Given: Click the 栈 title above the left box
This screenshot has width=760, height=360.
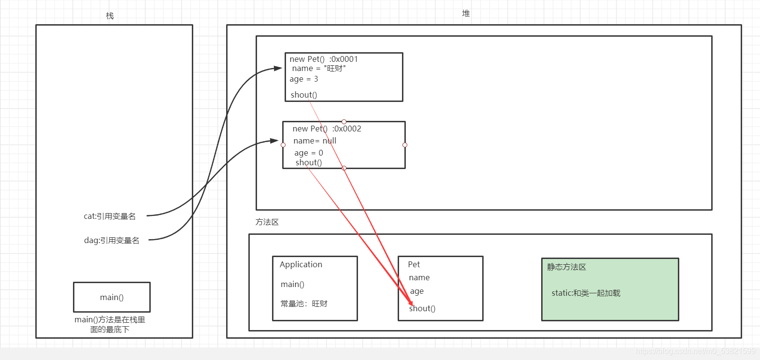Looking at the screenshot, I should [110, 16].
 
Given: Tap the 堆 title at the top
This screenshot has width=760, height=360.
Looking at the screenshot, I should [466, 14].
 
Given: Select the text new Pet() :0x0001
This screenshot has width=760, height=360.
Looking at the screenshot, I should [324, 59].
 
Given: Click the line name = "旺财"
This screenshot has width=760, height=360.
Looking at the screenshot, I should [319, 69].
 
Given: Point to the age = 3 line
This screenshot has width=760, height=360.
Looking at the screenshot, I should [304, 79].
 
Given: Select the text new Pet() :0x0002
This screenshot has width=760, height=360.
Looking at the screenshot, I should [327, 129].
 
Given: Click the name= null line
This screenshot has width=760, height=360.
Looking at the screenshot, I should [315, 141].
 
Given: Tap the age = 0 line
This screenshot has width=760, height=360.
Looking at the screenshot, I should [309, 153].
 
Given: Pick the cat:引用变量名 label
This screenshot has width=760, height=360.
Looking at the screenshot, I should [110, 216].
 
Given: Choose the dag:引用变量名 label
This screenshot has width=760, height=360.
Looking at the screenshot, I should [112, 240].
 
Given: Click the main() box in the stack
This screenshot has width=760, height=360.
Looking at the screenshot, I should [112, 297].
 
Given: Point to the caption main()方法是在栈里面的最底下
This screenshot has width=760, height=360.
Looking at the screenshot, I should [110, 324].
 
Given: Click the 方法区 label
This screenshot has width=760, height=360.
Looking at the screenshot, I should [267, 222].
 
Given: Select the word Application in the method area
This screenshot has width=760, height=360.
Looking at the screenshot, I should [301, 264].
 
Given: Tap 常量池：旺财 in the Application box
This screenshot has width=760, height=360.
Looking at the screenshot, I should [304, 303].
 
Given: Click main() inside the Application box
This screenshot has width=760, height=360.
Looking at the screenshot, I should [292, 284].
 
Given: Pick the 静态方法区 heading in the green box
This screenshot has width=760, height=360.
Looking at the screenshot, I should [566, 267].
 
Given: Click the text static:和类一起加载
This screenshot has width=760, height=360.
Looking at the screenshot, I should [586, 293].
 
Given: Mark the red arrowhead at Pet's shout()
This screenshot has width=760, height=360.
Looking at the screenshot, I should [411, 302].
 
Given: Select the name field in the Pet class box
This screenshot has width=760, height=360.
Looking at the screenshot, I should [419, 277].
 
